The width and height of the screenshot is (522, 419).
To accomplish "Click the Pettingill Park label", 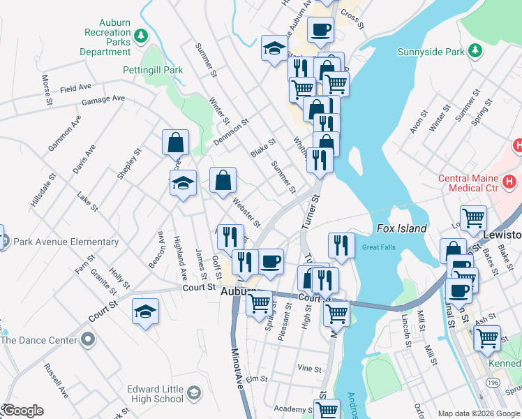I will click(x=153, y=70).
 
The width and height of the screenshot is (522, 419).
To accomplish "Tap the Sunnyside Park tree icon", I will click(x=475, y=51).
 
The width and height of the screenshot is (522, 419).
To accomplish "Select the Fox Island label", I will click(x=401, y=228).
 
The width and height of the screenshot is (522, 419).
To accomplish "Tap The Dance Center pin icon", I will click(x=87, y=340).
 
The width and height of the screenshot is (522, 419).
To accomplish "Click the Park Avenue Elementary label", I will click(x=64, y=242).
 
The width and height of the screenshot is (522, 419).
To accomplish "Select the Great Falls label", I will click(x=378, y=247).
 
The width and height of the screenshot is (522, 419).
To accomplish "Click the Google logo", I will click(x=22, y=411).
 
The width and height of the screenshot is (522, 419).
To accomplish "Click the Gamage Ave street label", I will click(x=103, y=100).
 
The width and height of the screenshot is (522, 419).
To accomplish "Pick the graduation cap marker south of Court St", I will click(x=146, y=311).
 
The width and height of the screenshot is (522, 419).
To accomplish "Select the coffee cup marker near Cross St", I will click(x=320, y=30).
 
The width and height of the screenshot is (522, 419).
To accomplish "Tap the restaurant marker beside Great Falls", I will click(x=341, y=245).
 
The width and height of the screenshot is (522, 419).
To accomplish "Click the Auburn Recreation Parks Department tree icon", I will click(x=141, y=35).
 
